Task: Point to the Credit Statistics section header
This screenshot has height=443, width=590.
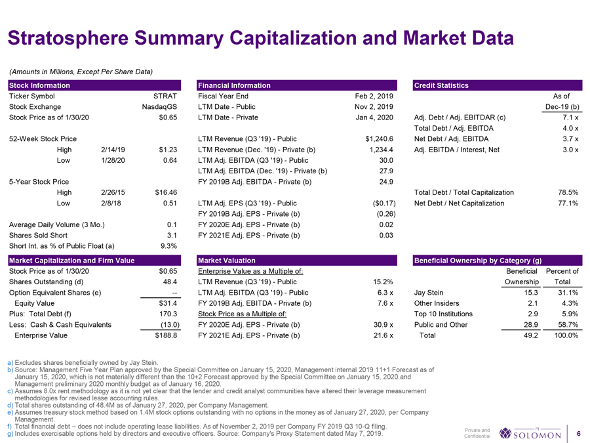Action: click(441, 85)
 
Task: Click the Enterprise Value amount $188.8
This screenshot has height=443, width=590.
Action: click(165, 335)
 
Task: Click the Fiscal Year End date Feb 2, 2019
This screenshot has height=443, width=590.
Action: click(373, 96)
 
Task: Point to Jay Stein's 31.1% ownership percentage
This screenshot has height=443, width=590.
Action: click(567, 292)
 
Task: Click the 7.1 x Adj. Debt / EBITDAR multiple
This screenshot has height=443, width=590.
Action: click(568, 117)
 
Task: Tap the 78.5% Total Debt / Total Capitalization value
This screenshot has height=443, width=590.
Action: click(566, 192)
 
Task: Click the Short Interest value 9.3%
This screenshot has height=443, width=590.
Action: click(168, 246)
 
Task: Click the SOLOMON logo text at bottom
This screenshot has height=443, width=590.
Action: click(536, 435)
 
